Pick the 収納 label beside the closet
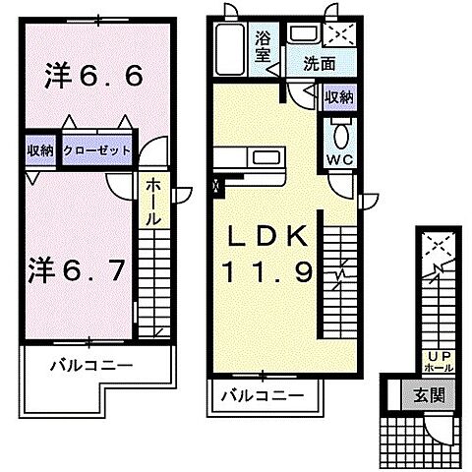point(40,151)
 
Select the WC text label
point(340,158)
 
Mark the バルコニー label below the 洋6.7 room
point(90,366)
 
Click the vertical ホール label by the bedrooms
point(154,204)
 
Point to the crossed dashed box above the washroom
point(336,32)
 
